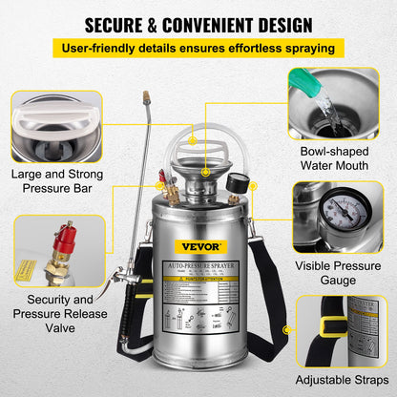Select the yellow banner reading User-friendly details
(x=198, y=47)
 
